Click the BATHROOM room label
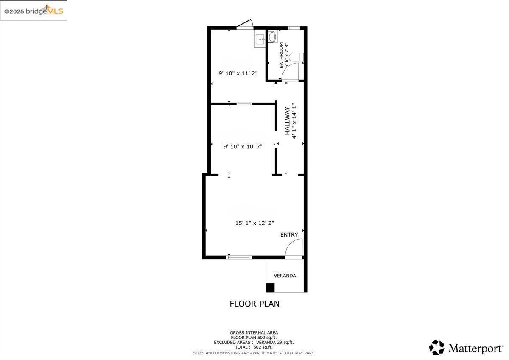coord(281,55)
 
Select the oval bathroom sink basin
coord(272,36)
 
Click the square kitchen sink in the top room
coord(260,40)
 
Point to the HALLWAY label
coord(287,121)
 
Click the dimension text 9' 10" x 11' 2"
coord(238,73)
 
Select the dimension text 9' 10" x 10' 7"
coord(243,147)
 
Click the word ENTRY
coord(289,234)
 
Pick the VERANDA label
coord(285,276)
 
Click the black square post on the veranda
coord(270,287)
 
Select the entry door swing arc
coord(294,248)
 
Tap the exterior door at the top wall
coord(245,25)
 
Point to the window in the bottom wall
coord(239,257)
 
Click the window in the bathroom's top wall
coord(294,28)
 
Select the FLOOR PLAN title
coord(255,304)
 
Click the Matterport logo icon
coord(436,348)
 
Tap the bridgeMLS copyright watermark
coord(34,11)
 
